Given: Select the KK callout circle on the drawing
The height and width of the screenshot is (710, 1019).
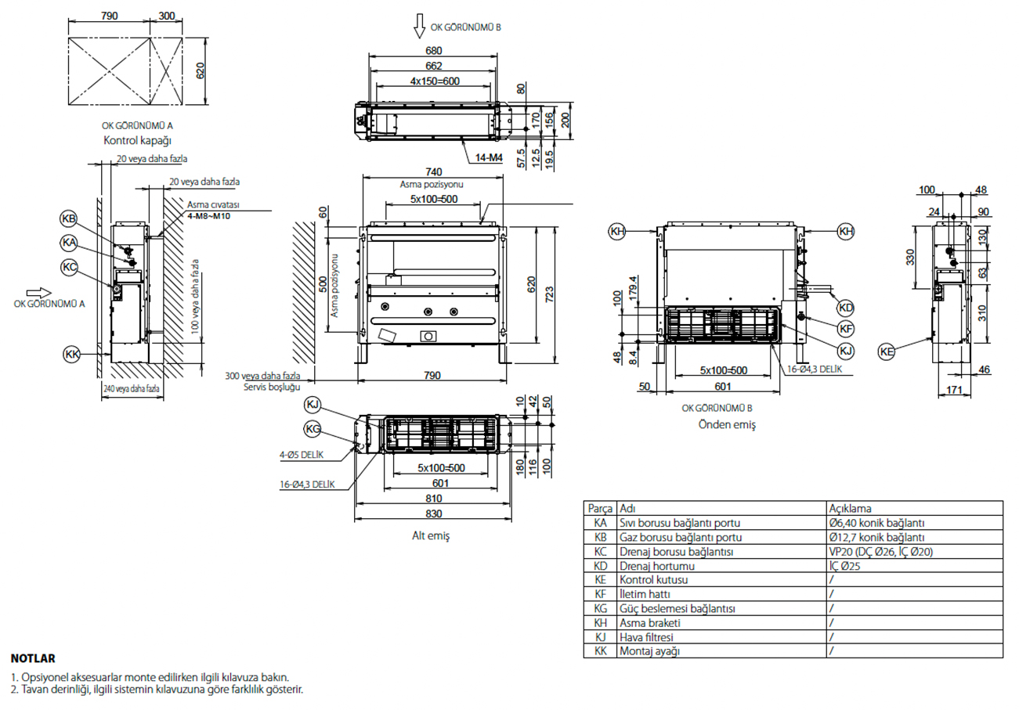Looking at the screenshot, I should [x=72, y=355].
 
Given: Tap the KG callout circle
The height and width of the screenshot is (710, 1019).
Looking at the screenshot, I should [x=313, y=428].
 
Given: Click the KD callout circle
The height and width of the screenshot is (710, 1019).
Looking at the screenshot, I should [x=845, y=306].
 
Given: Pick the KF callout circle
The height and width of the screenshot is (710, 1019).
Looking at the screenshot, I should [x=845, y=328].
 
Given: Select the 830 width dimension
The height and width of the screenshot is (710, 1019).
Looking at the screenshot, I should [x=433, y=514].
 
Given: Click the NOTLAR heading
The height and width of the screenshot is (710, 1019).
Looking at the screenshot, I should [x=34, y=658].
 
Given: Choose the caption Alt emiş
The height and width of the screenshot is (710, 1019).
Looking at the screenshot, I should [x=432, y=536].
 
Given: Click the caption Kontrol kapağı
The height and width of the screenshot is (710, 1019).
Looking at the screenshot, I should [x=136, y=141].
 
